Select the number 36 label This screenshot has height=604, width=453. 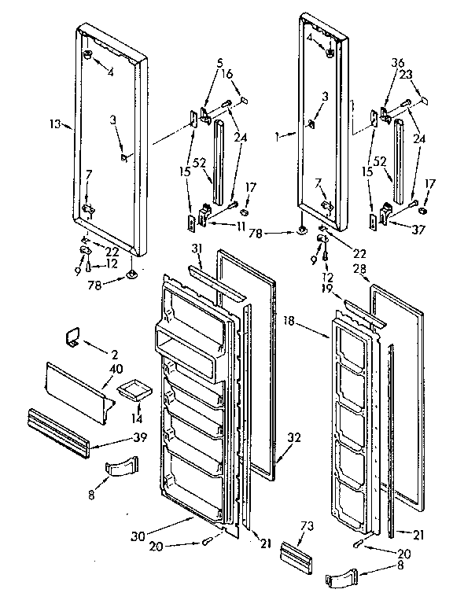pos(396,64)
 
